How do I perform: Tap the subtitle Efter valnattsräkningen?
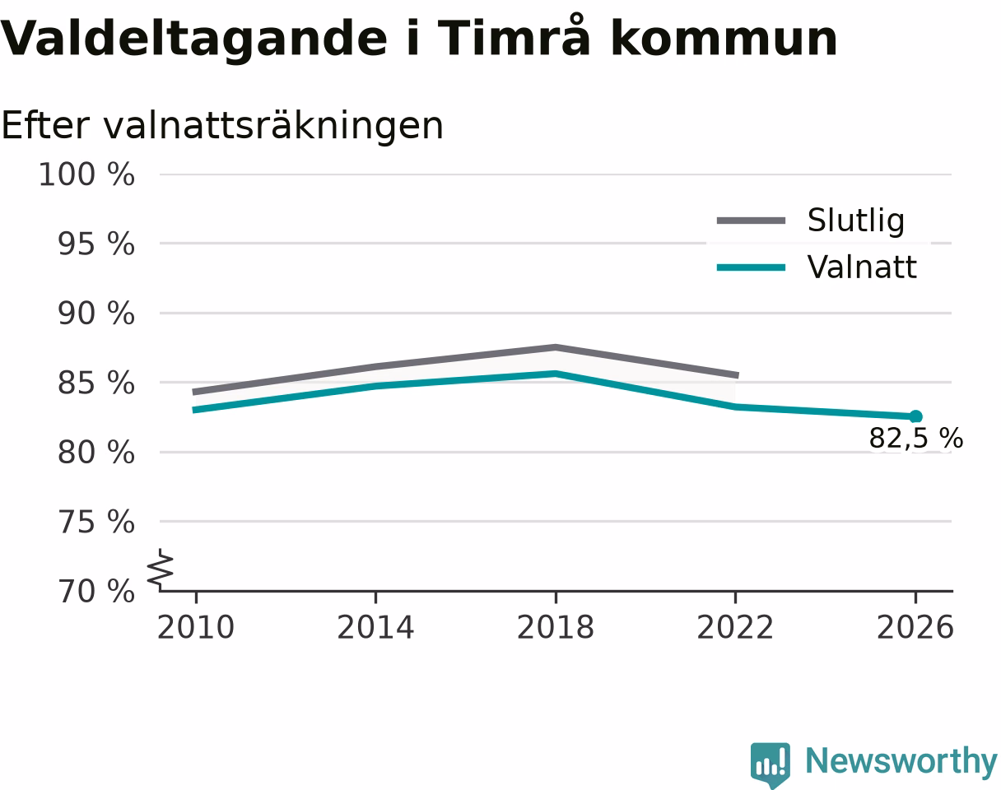pyautogui.click(x=222, y=126)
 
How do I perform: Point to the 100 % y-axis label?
pyautogui.click(x=86, y=174)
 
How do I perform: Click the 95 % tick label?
pyautogui.click(x=96, y=244)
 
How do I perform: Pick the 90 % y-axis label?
pyautogui.click(x=96, y=314)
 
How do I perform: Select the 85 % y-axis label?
pyautogui.click(x=96, y=383)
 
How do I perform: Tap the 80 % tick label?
pyautogui.click(x=96, y=453)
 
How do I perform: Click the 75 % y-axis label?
pyautogui.click(x=96, y=523)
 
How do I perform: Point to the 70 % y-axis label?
pyautogui.click(x=96, y=592)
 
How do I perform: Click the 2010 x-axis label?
pyautogui.click(x=196, y=628)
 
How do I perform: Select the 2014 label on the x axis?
pyautogui.click(x=375, y=628)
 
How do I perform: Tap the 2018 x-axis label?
pyautogui.click(x=556, y=628)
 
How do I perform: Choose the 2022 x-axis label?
pyautogui.click(x=735, y=628)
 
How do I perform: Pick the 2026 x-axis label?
pyautogui.click(x=915, y=628)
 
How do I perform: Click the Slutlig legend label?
pyautogui.click(x=856, y=220)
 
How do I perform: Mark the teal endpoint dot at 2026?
pyautogui.click(x=915, y=416)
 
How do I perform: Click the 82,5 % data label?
pyautogui.click(x=916, y=438)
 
